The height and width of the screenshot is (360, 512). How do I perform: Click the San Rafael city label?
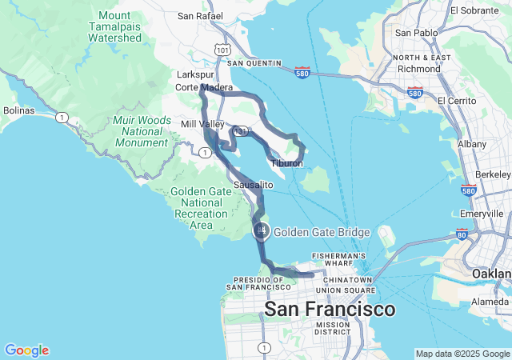pos(196,15)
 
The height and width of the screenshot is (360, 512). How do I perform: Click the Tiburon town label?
pos(286,163)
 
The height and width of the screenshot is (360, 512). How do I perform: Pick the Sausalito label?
pos(254,185)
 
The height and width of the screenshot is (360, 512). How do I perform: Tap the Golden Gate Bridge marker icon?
pos(262,231)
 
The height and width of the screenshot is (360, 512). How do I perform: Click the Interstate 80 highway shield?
pos(462,234)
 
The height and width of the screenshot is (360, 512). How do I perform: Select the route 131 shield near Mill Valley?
pos(239,131)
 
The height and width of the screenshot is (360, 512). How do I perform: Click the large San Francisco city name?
pos(329,309)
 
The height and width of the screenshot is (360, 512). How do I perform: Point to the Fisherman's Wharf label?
pos(343,261)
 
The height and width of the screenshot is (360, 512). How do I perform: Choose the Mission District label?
pos(332,328)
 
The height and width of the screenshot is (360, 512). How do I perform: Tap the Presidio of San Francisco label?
pos(262,282)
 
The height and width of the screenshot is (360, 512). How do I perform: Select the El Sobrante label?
pos(478,10)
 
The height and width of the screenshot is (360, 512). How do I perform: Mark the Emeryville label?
pos(482,214)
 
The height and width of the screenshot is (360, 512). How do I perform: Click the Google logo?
pos(26,350)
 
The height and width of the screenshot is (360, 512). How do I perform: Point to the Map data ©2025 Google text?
pos(462,354)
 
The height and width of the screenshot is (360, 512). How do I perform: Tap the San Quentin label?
pos(254,62)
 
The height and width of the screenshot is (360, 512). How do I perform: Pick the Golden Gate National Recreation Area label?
pos(201,208)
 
